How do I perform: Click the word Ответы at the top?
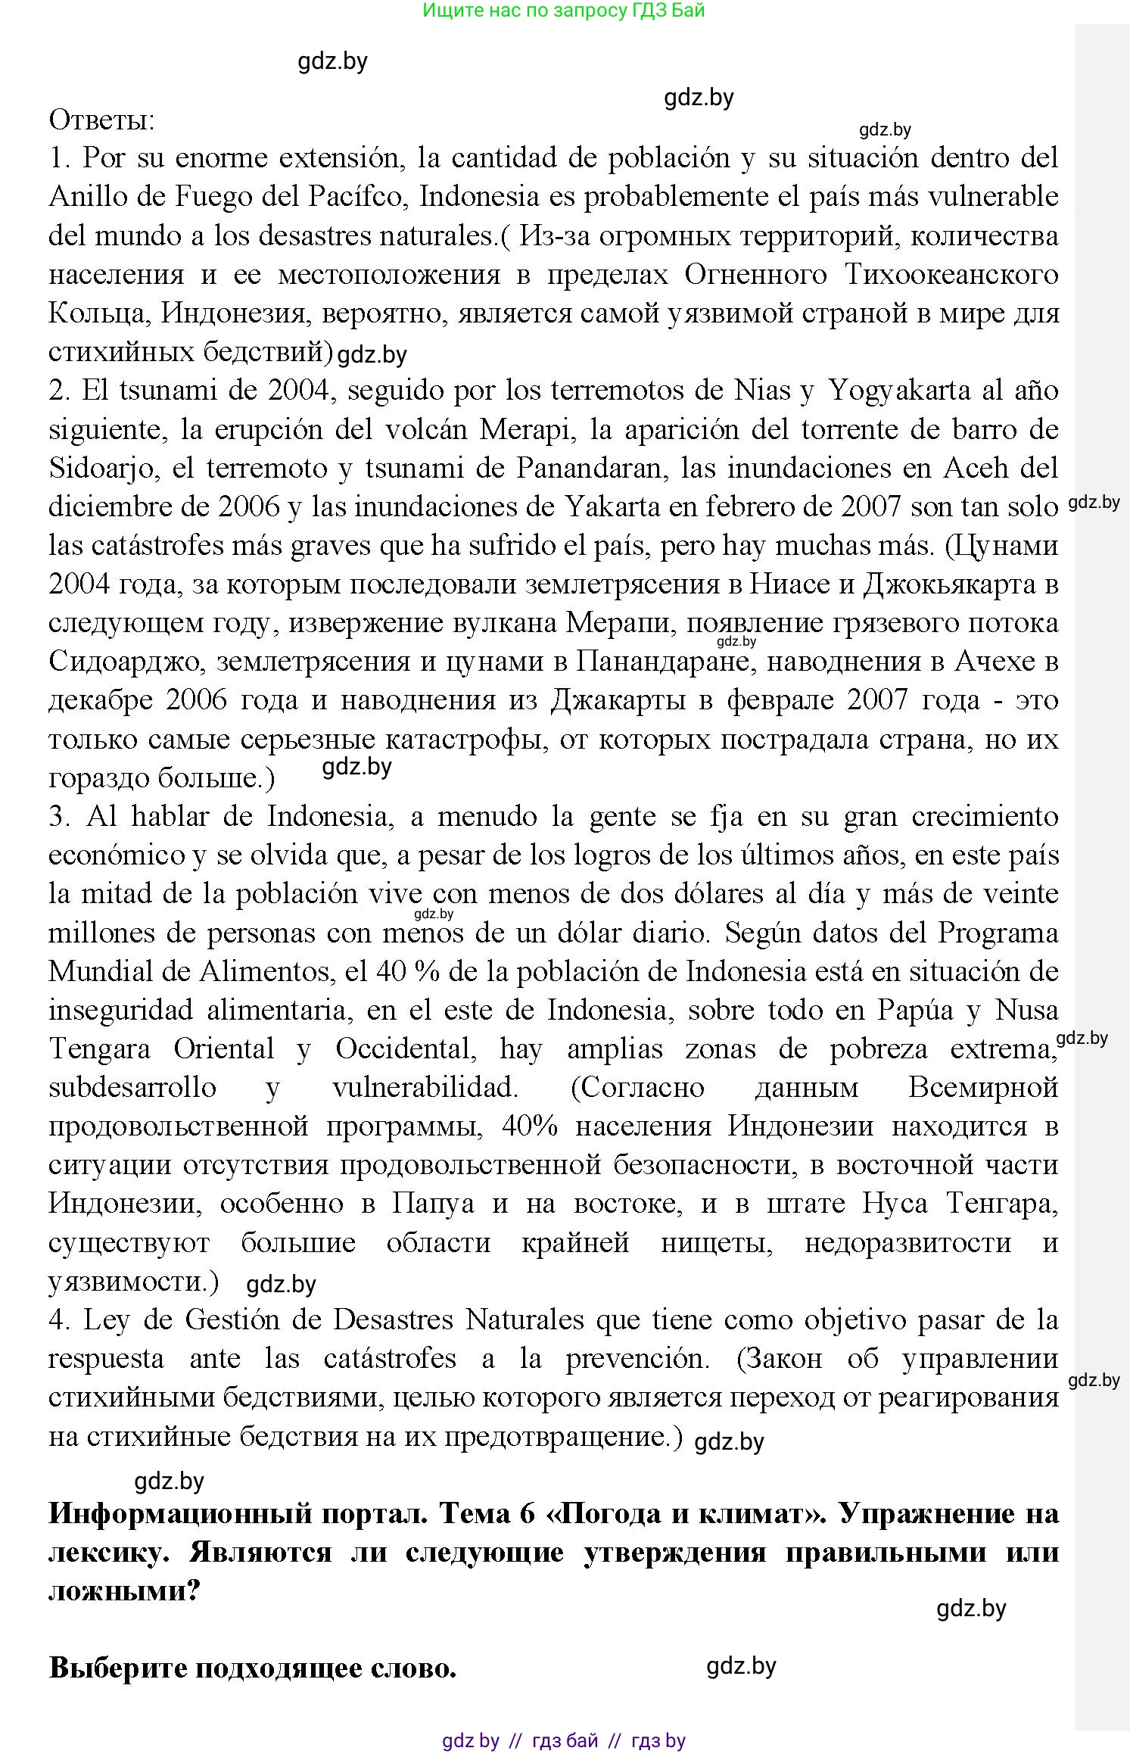tap(101, 120)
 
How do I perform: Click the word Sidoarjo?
tap(104, 469)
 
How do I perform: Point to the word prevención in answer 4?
tap(637, 1359)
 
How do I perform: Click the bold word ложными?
tap(123, 1590)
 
